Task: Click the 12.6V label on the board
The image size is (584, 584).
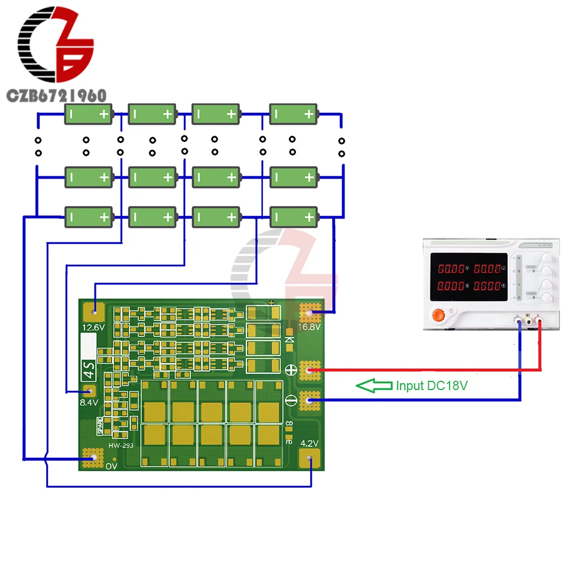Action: (x=93, y=327)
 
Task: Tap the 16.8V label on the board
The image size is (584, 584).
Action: (x=310, y=327)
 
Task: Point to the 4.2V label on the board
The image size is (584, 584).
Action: (x=309, y=443)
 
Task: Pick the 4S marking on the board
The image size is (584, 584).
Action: (x=87, y=369)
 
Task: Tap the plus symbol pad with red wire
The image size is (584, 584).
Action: (x=310, y=370)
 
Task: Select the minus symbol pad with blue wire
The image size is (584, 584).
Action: (x=310, y=400)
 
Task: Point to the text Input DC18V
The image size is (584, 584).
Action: (x=432, y=385)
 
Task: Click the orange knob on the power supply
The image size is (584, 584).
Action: (x=438, y=315)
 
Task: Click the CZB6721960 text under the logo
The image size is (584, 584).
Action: (x=55, y=95)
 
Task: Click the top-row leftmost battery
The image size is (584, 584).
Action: (x=88, y=114)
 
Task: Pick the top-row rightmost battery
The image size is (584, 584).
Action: (x=294, y=114)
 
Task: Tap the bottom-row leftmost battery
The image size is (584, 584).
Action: (x=88, y=217)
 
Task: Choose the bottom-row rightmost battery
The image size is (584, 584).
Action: (x=294, y=217)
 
